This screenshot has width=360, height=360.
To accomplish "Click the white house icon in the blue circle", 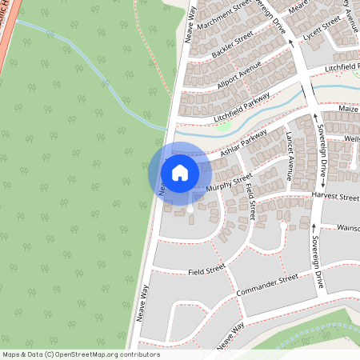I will tap(180, 172).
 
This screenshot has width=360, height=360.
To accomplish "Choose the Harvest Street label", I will tap(337, 196).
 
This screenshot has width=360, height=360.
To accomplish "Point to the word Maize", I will tap(348, 107).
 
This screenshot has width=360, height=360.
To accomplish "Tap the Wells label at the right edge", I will tap(352, 138).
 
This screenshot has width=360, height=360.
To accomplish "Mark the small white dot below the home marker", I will tap(190, 210).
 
